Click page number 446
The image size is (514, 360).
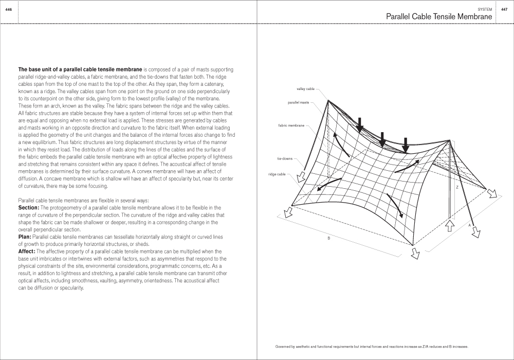(x=8, y=9)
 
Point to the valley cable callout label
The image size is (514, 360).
(x=305, y=89)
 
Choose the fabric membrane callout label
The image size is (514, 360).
(x=291, y=125)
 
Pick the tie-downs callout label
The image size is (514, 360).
(x=285, y=158)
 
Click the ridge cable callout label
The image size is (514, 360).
(x=277, y=174)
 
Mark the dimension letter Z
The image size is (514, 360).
(x=456, y=187)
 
